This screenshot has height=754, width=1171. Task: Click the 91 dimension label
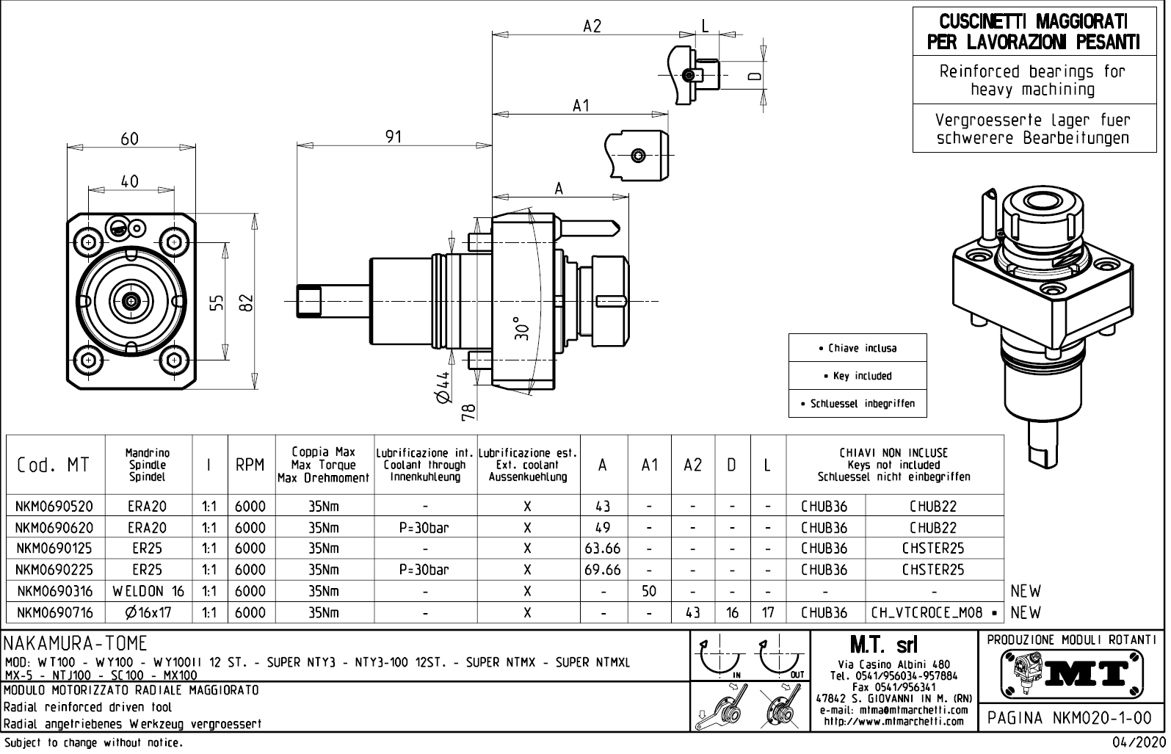point(394,137)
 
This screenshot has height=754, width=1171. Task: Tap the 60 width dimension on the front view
point(129,139)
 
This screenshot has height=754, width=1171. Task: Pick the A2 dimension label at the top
point(592,26)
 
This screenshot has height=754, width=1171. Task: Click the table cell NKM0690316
point(55,591)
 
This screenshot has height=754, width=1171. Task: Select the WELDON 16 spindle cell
point(148,591)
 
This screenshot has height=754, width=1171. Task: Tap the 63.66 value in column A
point(602,548)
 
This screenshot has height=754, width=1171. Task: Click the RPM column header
point(250,465)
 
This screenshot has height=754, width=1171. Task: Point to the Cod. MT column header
point(54,465)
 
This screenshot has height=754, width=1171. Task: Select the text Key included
point(858,376)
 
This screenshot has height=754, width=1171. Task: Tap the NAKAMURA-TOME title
point(76,644)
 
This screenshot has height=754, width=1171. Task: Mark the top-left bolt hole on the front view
point(90,242)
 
